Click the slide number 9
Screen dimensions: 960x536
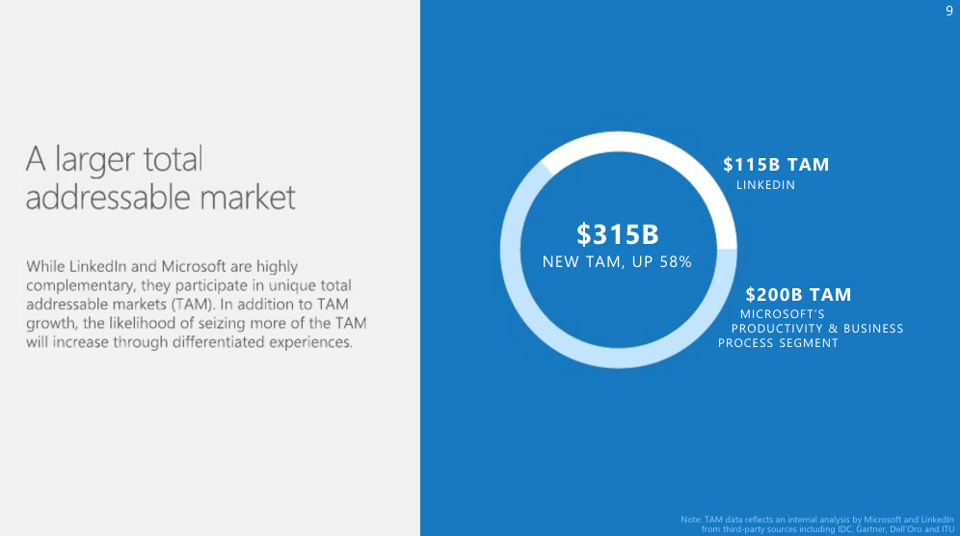point(949,11)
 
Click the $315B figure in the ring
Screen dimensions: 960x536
point(618,234)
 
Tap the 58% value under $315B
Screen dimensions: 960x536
point(676,262)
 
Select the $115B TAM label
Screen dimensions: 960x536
point(776,165)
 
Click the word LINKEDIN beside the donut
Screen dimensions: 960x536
point(765,185)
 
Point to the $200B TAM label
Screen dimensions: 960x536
point(798,295)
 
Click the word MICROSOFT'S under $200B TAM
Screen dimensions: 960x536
point(783,314)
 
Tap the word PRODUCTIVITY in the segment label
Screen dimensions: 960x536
point(776,329)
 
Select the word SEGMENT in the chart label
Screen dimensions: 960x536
point(809,343)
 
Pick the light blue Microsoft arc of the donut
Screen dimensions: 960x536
point(619,358)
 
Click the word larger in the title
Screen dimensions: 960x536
point(95,160)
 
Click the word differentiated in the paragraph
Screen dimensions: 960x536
point(219,342)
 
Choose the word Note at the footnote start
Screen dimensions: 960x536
point(691,520)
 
